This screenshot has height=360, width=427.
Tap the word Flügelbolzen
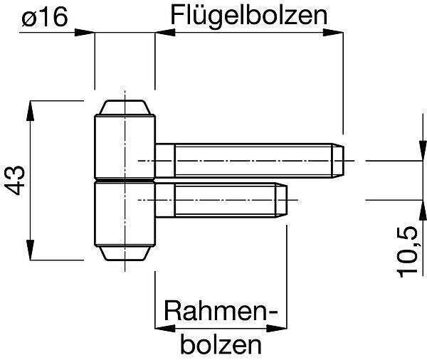[248, 16]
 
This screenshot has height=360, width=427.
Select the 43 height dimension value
[15, 180]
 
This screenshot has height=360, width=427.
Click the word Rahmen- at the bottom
[221, 311]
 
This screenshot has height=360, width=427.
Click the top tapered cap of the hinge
[125, 107]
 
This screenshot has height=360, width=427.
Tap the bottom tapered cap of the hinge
[125, 253]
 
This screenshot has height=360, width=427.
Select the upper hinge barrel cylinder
[125, 147]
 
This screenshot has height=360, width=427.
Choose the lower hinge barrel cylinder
[125, 213]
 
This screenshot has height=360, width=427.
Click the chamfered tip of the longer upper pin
[338, 161]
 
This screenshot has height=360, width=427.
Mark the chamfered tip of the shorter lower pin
[281, 201]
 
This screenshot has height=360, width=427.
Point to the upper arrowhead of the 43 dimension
[30, 110]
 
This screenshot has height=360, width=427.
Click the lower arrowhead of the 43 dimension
[30, 250]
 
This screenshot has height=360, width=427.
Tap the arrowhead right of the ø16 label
[85, 33]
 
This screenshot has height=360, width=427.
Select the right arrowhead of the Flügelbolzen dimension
[333, 33]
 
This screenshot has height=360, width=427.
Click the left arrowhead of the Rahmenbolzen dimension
[165, 329]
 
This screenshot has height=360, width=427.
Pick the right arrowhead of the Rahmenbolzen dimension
[277, 329]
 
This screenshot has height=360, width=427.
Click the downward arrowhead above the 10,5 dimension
[423, 151]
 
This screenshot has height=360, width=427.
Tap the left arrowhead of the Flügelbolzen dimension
[165, 33]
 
